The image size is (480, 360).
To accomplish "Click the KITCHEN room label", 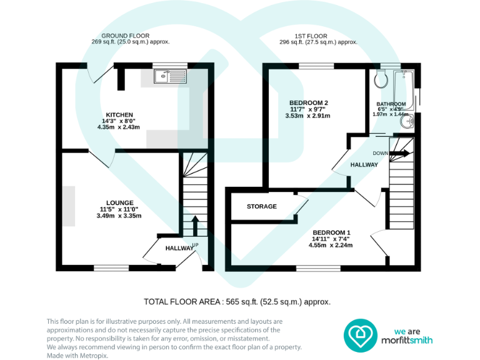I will point(119,115).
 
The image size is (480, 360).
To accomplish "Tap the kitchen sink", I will point(169,76).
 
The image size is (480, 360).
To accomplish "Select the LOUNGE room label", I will point(119,202).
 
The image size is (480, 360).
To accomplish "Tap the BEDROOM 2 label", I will point(308,103).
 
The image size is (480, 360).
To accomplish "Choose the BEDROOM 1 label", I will point(331,232).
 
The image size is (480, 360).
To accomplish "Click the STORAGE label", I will point(261,206).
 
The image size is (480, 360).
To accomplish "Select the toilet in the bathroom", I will point(380,80).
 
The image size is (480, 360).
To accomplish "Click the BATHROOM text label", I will point(391,104).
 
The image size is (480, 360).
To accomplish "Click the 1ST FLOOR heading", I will point(318,36).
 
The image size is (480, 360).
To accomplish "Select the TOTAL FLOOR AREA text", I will point(237,302).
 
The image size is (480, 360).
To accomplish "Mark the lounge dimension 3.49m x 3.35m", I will point(119,216).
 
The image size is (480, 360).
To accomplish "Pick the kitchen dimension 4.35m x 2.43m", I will point(118,127).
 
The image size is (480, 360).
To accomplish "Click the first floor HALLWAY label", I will point(364,165).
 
